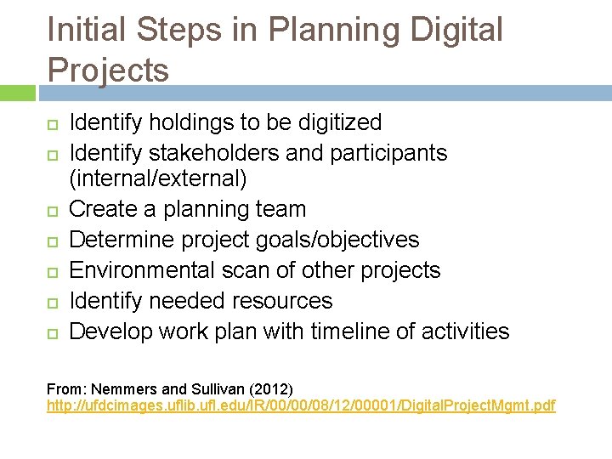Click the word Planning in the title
pyautogui.click(x=337, y=31)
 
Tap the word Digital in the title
pyautogui.click(x=456, y=31)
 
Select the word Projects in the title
pyautogui.click(x=108, y=70)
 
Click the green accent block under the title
pyautogui.click(x=17, y=93)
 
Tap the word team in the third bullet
pyautogui.click(x=278, y=209)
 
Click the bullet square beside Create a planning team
pyautogui.click(x=52, y=210)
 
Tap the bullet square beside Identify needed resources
pyautogui.click(x=52, y=302)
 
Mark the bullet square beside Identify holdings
pyautogui.click(x=52, y=123)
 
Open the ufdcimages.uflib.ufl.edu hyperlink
pyautogui.click(x=301, y=406)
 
